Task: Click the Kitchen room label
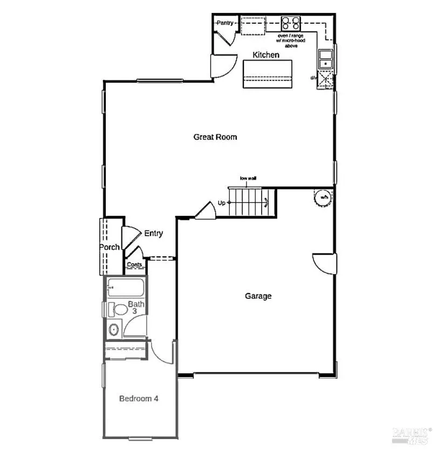click(x=267, y=55)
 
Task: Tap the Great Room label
click(x=215, y=137)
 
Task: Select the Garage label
click(x=258, y=296)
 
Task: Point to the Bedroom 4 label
click(x=139, y=399)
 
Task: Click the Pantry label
click(x=224, y=23)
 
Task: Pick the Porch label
click(x=109, y=248)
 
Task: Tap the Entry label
click(x=153, y=234)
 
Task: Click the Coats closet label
click(x=134, y=264)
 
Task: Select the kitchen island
click(x=268, y=74)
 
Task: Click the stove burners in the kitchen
click(x=291, y=23)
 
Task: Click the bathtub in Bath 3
click(x=126, y=288)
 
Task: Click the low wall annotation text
click(x=248, y=178)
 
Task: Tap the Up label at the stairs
click(x=221, y=203)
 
